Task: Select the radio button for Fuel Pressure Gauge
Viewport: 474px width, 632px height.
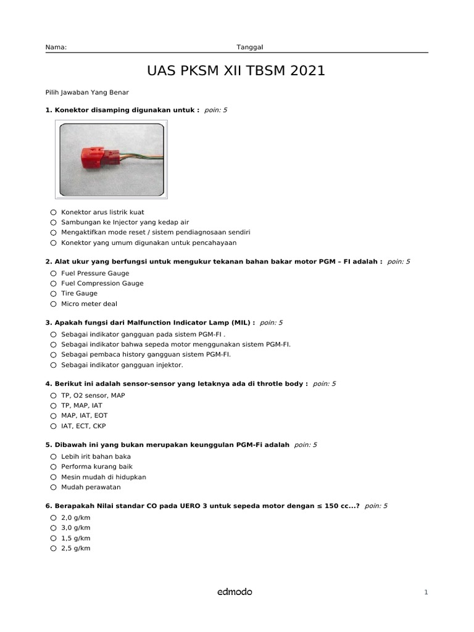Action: coord(54,273)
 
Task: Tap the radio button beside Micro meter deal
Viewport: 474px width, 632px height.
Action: coord(54,304)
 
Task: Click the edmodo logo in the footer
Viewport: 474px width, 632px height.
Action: coord(235,592)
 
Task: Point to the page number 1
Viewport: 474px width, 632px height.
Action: coord(426,592)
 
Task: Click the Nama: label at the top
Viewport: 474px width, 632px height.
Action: coord(56,47)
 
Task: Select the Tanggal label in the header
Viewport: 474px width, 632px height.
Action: coord(250,47)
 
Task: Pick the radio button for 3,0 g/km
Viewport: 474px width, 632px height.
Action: coord(54,528)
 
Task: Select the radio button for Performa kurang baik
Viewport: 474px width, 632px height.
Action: coord(54,467)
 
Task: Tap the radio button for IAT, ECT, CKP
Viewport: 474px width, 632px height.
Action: coord(54,426)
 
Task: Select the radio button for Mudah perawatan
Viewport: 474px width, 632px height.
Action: coord(54,488)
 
